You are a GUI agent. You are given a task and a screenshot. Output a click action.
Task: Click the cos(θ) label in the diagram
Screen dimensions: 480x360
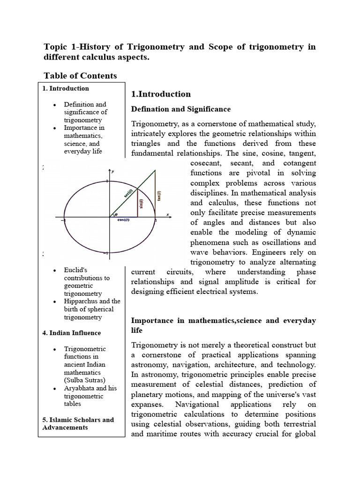tap(124, 222)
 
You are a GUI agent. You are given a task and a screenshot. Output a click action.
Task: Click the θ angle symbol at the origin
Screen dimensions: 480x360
tap(116, 214)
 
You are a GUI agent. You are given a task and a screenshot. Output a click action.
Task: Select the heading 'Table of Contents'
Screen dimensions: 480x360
tap(80, 75)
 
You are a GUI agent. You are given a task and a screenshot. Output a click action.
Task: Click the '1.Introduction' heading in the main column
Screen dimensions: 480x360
tap(161, 94)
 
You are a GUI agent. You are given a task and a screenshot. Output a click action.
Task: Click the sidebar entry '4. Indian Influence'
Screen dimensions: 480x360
tap(71, 333)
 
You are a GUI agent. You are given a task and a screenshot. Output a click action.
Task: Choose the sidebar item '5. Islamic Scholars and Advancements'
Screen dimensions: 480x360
tap(78, 423)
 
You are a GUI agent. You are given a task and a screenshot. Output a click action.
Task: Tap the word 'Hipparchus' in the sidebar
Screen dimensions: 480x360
tap(81, 301)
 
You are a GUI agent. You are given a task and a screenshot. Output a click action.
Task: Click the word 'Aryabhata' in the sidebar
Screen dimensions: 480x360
tap(81, 388)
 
